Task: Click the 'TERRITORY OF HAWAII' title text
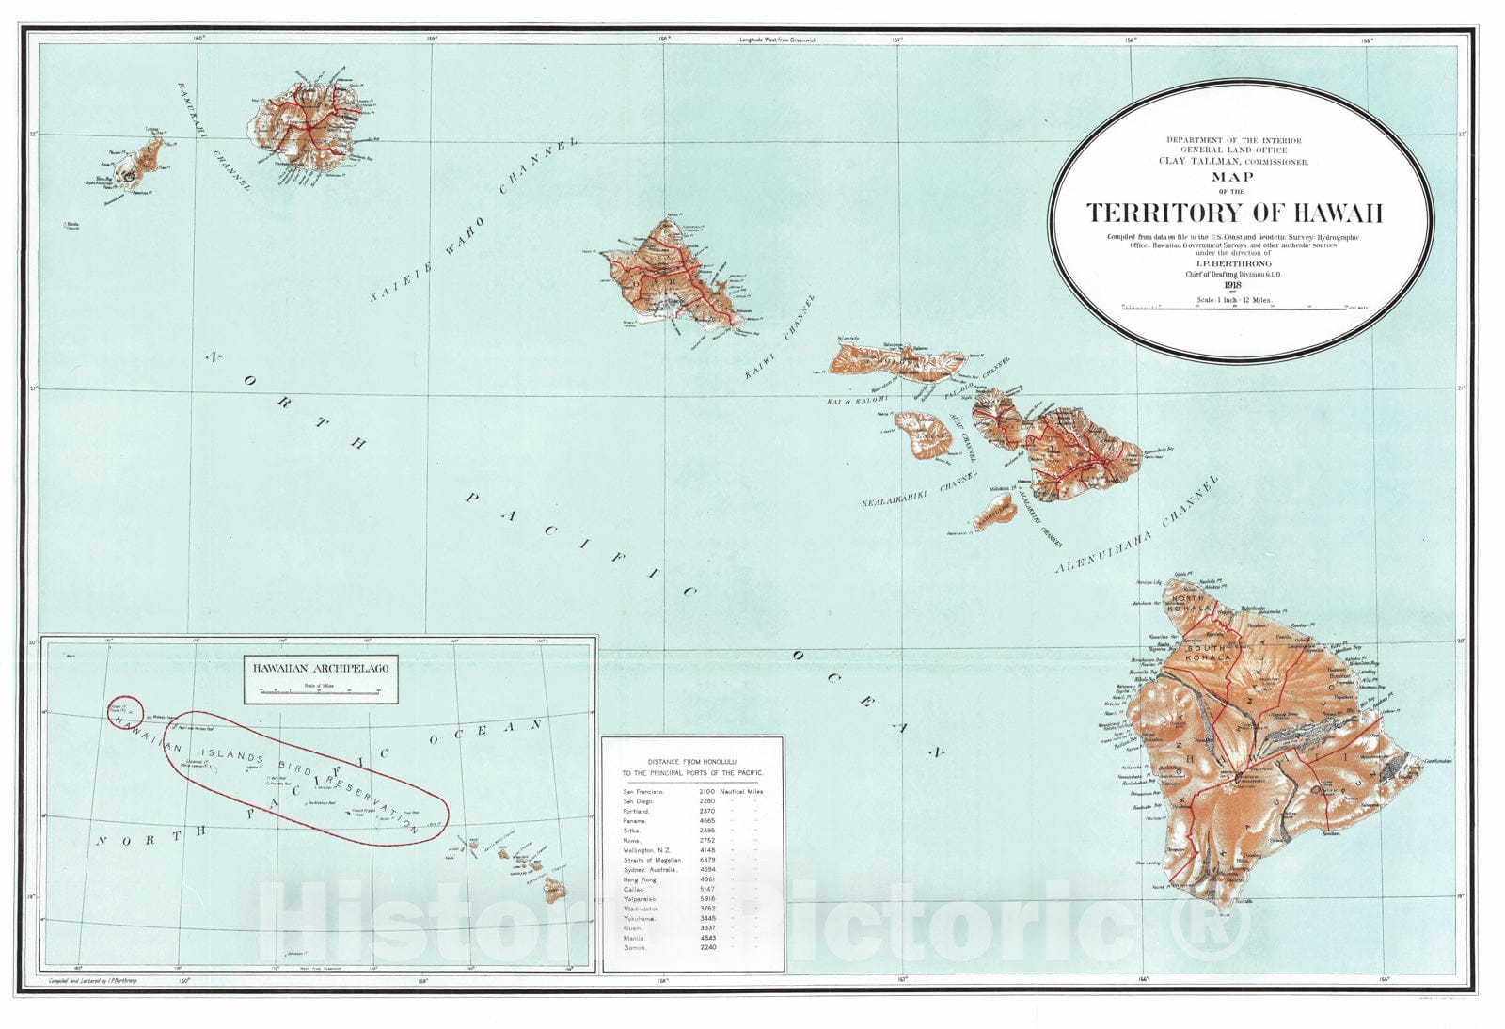coord(1235,213)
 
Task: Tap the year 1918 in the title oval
coord(1233,286)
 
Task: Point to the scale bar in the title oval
coord(1232,307)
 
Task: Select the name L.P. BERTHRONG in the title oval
coord(1233,263)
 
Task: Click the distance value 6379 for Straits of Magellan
coord(706,860)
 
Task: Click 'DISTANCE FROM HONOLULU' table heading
coord(692,760)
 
